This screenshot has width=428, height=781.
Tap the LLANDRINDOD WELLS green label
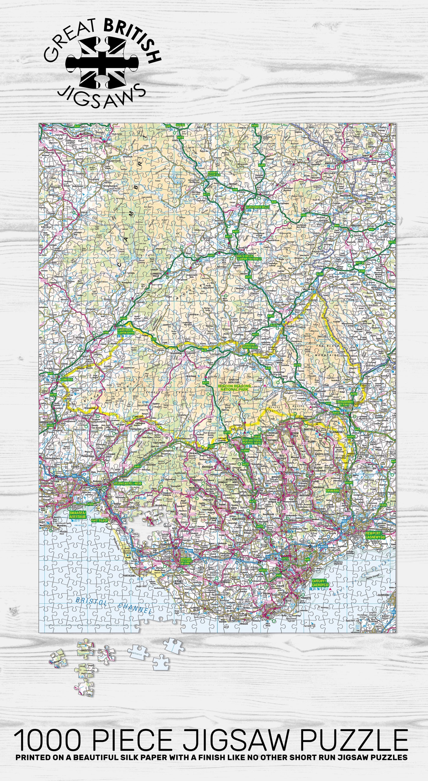coord(257,207)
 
